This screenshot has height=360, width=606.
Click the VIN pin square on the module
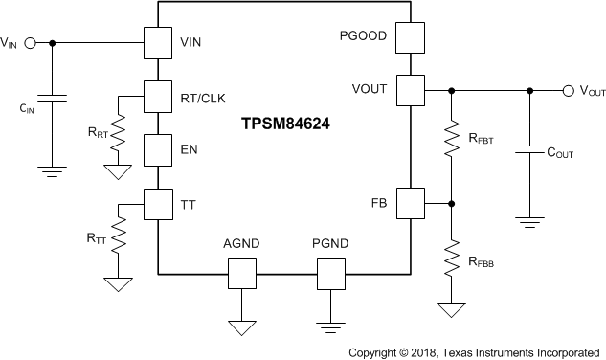click(x=157, y=43)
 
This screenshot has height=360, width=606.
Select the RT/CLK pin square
click(x=157, y=96)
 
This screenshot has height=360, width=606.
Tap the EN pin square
click(x=157, y=149)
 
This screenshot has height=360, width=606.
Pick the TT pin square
click(x=157, y=203)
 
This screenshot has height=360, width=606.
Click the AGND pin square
click(x=242, y=274)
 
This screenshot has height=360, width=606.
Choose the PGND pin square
click(x=330, y=274)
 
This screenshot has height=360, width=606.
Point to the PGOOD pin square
click(x=410, y=39)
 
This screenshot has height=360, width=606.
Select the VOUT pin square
click(x=410, y=91)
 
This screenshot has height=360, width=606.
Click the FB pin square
click(x=410, y=203)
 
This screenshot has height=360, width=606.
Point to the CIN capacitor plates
click(x=53, y=99)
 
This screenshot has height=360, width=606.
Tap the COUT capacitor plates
click(x=527, y=151)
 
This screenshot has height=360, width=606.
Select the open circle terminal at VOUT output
click(x=571, y=91)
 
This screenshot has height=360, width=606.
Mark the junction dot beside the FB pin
click(x=452, y=203)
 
